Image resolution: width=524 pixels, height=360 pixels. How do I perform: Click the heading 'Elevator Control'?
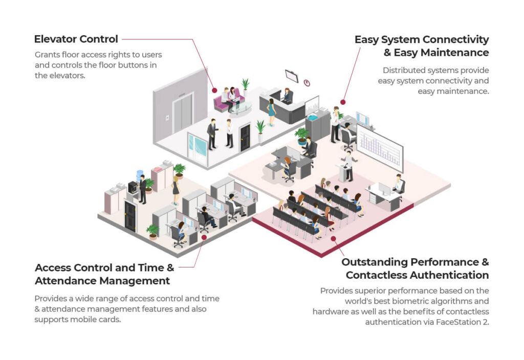tap(76, 39)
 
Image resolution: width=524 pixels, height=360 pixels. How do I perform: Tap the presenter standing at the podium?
tap(349, 165)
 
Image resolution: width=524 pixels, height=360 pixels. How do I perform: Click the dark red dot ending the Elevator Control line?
tap(215, 91)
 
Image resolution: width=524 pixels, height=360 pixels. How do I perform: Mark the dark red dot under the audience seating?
tap(333, 238)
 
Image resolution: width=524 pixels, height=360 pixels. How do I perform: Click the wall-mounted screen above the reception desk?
tap(292, 76)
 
